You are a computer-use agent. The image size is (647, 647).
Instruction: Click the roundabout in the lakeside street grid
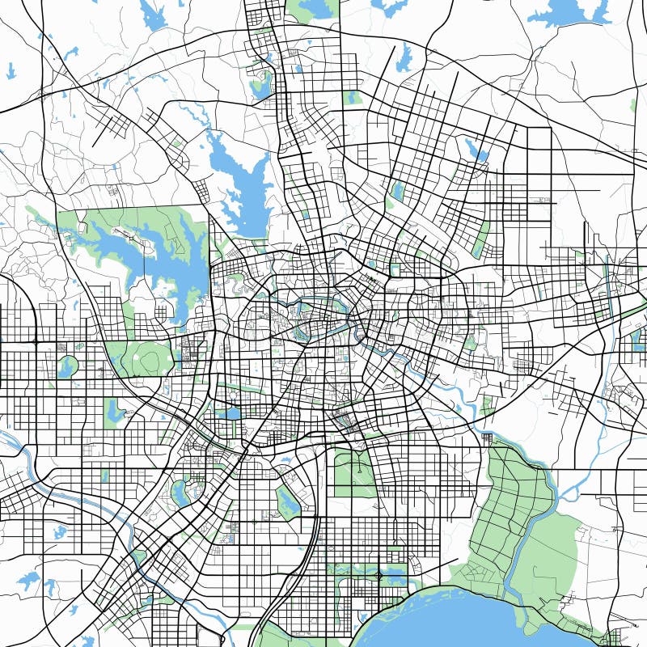point(378,576)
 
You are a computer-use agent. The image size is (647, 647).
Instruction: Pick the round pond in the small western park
point(66,368)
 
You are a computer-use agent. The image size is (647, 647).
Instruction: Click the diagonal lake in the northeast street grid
point(477,150)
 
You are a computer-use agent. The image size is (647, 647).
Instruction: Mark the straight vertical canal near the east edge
point(607,275)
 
